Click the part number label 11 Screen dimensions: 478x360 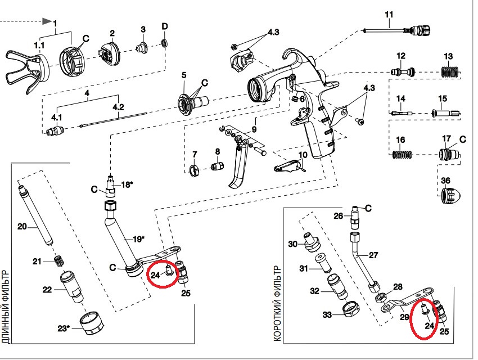389,14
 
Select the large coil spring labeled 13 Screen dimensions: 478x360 451,72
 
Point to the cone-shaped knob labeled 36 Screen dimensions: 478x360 450,195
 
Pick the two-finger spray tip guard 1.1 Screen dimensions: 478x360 27,73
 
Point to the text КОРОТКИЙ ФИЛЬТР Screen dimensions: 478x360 277,304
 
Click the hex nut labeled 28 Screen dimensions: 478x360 381,296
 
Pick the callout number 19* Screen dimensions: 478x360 138,239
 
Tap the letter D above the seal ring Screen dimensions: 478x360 165,26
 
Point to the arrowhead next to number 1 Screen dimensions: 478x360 47,21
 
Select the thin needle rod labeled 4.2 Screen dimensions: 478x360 113,119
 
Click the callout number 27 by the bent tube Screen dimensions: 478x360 373,255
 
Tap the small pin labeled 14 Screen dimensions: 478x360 402,113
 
